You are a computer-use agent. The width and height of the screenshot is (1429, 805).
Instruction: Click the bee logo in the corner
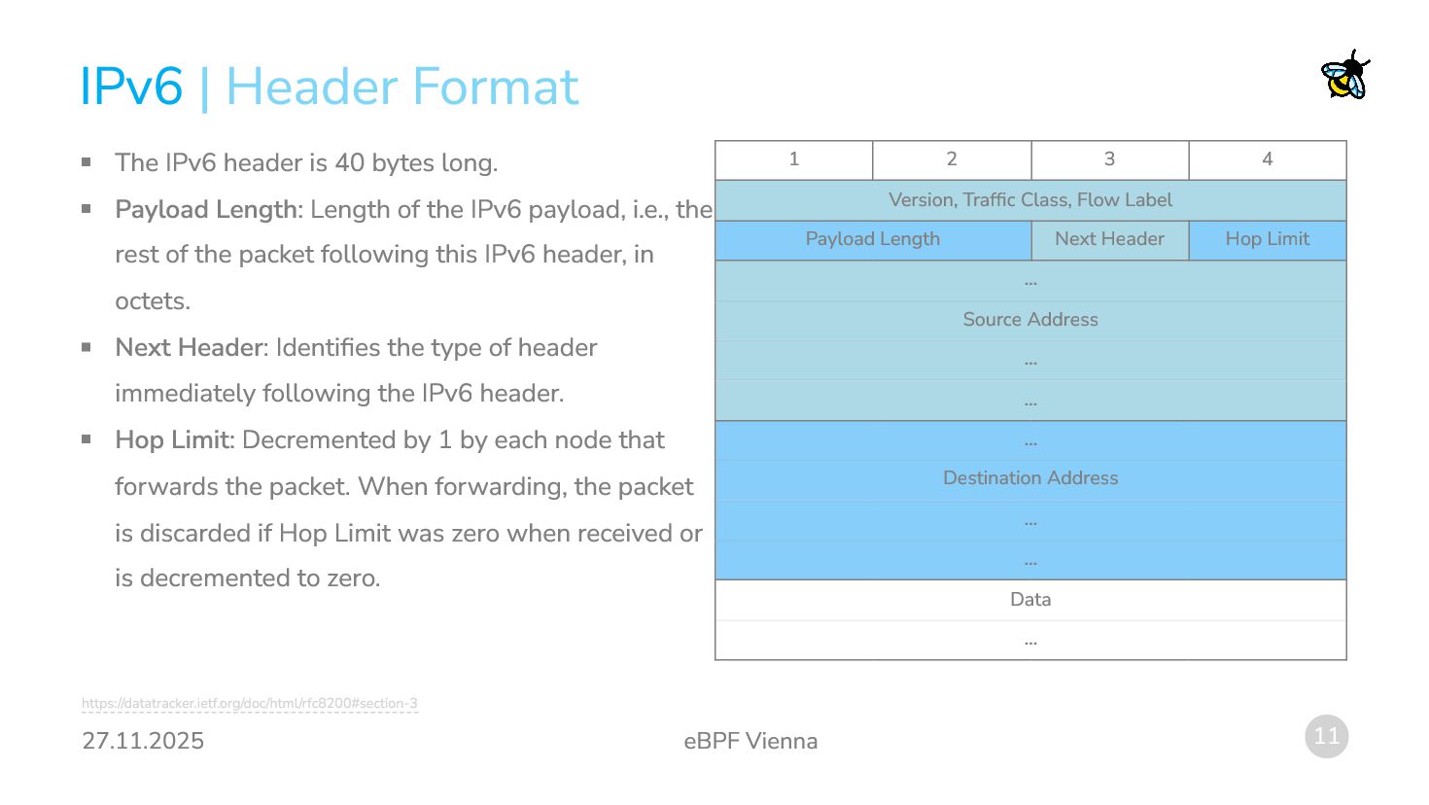click(1345, 76)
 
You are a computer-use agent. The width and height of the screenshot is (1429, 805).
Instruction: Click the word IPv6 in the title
click(131, 87)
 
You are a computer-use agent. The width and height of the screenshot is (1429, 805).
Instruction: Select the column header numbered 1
click(794, 159)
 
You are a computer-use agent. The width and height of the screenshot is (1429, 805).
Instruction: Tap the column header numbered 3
click(1109, 159)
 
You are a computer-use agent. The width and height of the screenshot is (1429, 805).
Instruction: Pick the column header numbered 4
click(1268, 159)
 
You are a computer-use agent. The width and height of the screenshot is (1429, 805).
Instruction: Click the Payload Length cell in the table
click(872, 239)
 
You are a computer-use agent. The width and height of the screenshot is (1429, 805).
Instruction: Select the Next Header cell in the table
click(1109, 239)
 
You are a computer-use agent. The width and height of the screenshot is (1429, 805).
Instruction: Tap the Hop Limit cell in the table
click(1267, 239)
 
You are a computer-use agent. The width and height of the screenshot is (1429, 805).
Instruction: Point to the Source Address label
click(1030, 320)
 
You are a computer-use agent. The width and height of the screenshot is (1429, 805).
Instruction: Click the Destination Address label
click(1030, 478)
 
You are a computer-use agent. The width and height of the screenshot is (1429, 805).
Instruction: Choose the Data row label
click(1030, 600)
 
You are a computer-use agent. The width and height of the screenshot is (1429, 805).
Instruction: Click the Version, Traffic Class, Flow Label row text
click(1030, 200)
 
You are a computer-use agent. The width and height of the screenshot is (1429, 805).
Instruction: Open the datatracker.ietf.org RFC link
click(250, 703)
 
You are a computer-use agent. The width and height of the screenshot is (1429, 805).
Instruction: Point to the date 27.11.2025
click(143, 741)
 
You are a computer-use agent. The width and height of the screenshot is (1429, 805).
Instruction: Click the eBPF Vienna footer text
click(750, 741)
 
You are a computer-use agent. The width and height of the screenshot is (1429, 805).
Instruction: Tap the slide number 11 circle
click(1327, 736)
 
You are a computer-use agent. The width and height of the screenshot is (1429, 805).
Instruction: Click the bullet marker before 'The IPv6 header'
click(87, 162)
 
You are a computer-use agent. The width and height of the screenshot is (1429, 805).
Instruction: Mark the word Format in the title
click(501, 87)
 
